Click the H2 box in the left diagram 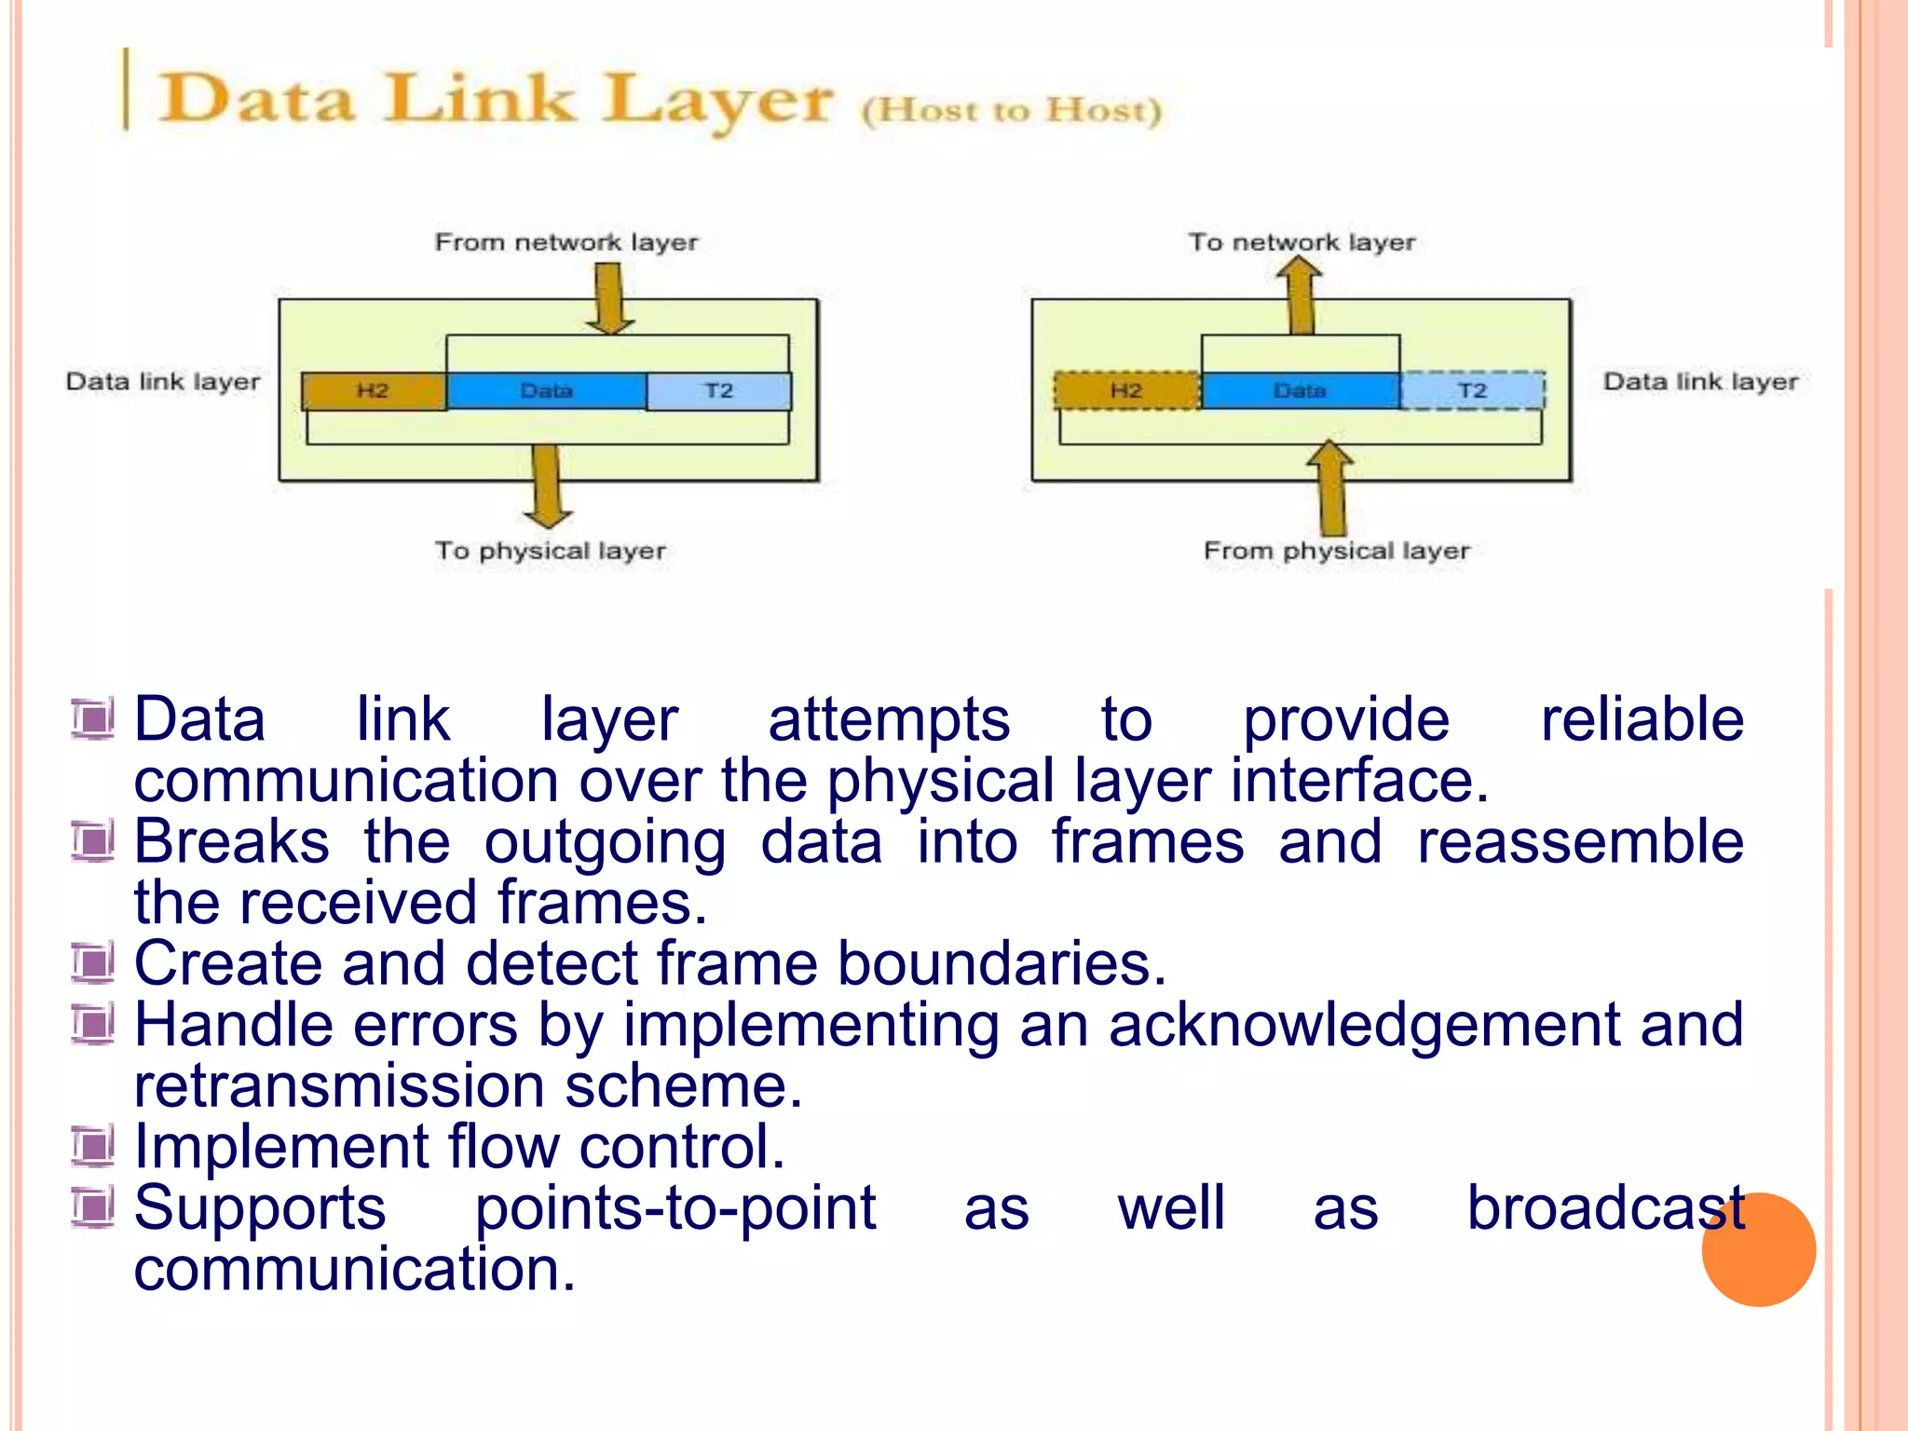[373, 391]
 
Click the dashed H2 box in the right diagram [1126, 390]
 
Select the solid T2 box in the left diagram [718, 391]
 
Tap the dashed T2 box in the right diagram [1472, 390]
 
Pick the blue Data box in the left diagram [547, 391]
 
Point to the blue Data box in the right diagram [1300, 390]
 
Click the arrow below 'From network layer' [609, 298]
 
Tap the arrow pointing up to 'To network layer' [1300, 296]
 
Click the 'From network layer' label [566, 242]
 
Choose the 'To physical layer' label [550, 551]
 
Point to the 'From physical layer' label [1336, 551]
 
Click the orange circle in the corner [1758, 1249]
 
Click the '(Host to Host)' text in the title [1012, 111]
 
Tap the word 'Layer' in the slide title [715, 101]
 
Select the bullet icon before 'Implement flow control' [93, 1146]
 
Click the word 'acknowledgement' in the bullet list [1364, 1025]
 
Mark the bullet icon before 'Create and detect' [93, 962]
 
